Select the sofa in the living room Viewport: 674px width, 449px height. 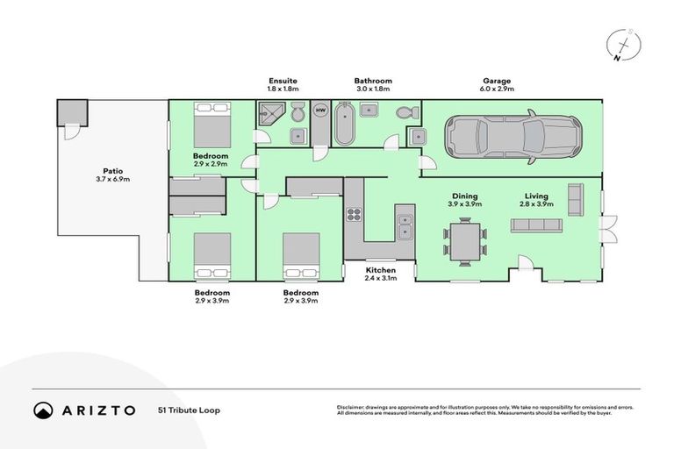[x=536, y=225]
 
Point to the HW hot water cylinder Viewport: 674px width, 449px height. [x=320, y=110]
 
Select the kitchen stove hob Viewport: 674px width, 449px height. [x=355, y=215]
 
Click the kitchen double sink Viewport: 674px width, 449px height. [x=405, y=226]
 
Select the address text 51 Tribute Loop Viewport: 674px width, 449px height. [x=189, y=410]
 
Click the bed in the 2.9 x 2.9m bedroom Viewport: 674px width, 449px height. [x=212, y=125]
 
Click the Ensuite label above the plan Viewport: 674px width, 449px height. [x=283, y=81]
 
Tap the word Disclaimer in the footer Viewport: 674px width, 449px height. [x=353, y=407]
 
